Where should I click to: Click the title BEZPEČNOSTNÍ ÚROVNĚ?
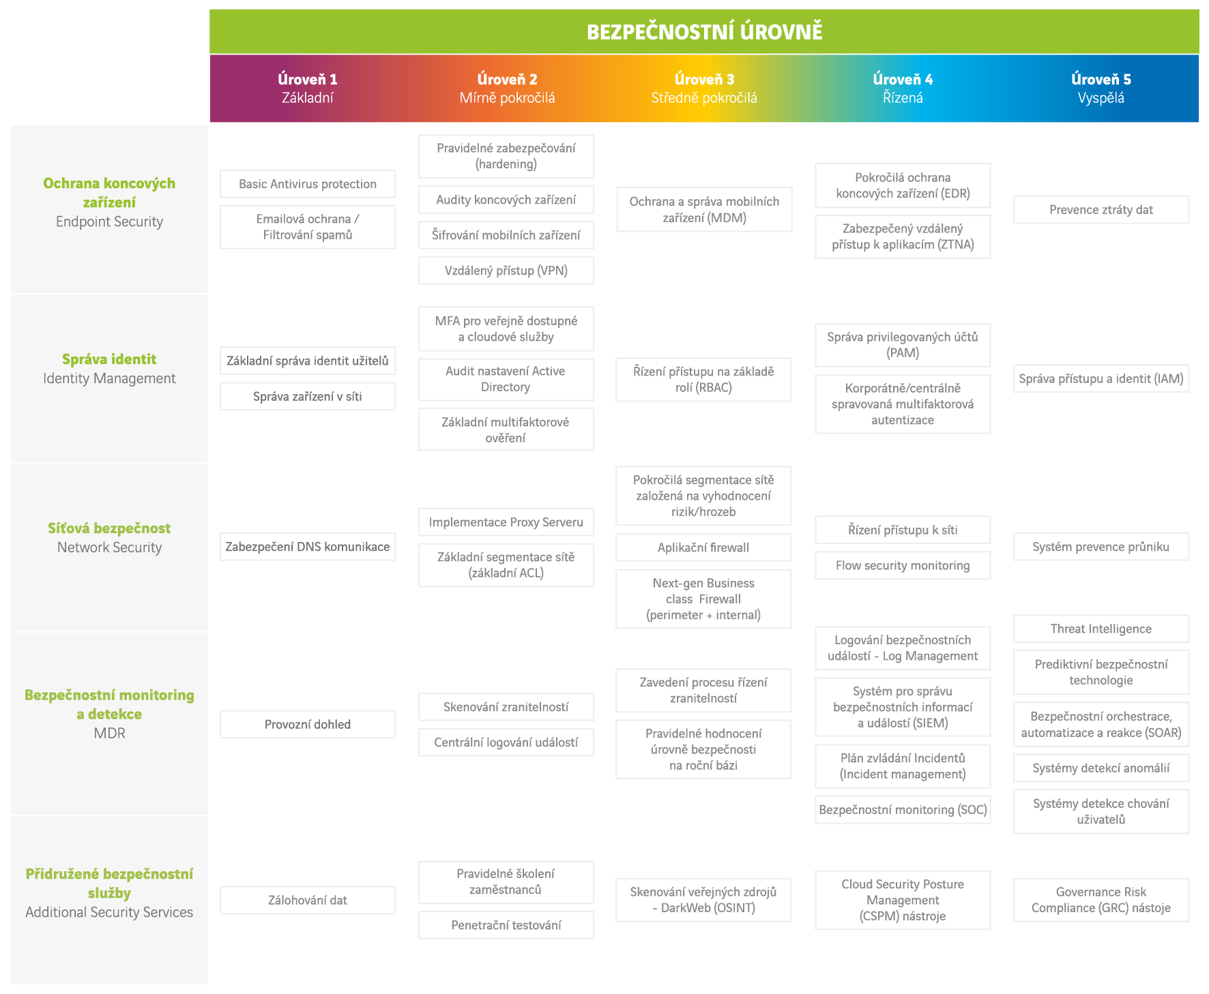tap(704, 31)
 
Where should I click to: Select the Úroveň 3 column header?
tap(704, 89)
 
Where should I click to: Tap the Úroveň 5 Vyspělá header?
tap(1101, 89)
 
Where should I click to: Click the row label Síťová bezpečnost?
tap(109, 528)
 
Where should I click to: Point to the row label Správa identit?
tap(109, 359)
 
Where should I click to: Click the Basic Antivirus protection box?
tap(308, 184)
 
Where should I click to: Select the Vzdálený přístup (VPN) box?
tap(506, 271)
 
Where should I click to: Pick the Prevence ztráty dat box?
tap(1101, 210)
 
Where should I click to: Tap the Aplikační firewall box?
tap(703, 547)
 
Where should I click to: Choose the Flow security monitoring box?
tap(903, 565)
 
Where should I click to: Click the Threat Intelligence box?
tap(1101, 629)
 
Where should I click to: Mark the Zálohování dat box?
tap(308, 900)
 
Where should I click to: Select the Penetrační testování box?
tap(506, 925)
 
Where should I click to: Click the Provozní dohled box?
tap(308, 724)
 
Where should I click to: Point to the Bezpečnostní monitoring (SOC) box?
tap(903, 810)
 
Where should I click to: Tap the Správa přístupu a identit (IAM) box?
tap(1101, 378)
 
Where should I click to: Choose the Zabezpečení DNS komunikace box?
tap(308, 547)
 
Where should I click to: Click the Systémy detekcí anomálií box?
tap(1101, 768)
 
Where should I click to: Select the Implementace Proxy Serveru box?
tap(506, 522)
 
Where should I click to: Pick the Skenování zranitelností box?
tap(506, 707)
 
